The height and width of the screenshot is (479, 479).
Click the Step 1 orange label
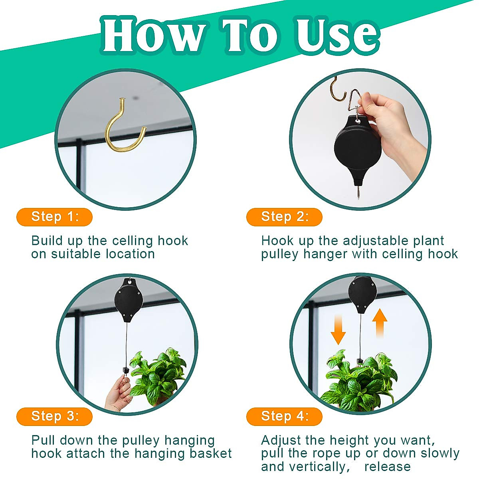pyautogui.click(x=54, y=217)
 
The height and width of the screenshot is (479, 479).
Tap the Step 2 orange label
pyautogui.click(x=284, y=217)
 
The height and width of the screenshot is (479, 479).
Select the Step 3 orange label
pyautogui.click(x=54, y=416)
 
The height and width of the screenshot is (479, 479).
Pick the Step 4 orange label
pyautogui.click(x=284, y=416)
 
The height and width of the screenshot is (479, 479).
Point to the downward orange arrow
pyautogui.click(x=338, y=329)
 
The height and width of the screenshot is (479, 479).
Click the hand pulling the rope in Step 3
pyautogui.click(x=120, y=393)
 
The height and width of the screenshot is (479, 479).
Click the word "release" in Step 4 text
pyautogui.click(x=387, y=466)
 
